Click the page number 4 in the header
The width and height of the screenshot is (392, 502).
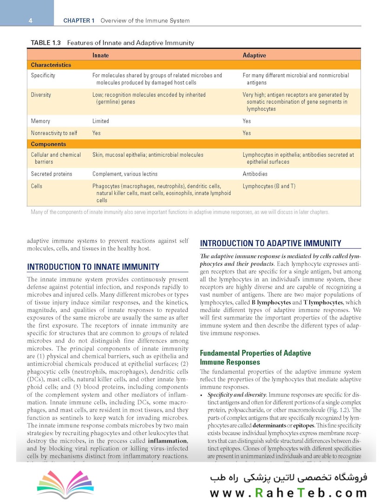(x=30, y=21)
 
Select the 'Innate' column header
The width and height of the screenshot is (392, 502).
(x=100, y=55)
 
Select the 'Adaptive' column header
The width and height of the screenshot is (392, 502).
(x=254, y=55)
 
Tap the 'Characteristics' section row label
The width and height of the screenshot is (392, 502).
(x=51, y=65)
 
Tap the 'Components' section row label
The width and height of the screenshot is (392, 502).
(x=48, y=144)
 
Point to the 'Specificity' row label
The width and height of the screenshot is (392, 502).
(x=43, y=75)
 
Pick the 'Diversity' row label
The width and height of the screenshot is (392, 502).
(x=41, y=95)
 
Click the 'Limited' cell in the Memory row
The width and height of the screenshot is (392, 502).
(x=101, y=121)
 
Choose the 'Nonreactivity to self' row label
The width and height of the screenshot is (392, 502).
(x=54, y=133)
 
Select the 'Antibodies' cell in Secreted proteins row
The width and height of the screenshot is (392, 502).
(x=255, y=174)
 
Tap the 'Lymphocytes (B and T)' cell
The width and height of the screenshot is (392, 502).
(x=269, y=186)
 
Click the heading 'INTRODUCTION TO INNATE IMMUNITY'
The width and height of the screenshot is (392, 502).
(x=93, y=267)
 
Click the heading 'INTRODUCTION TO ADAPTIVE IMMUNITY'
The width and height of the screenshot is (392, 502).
(x=270, y=243)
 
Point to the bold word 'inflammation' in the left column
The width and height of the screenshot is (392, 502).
(x=168, y=441)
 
